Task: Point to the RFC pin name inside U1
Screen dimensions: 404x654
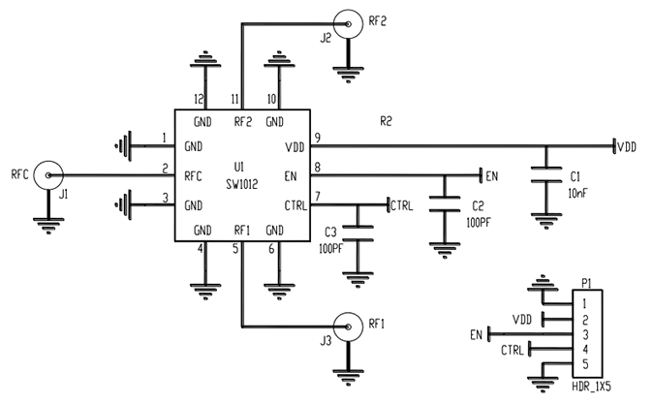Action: point(192,176)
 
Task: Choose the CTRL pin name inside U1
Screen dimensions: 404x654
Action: point(296,204)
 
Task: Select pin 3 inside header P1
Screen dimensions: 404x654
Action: point(585,333)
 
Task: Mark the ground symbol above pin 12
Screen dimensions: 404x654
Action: point(202,61)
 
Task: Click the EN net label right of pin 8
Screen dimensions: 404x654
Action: point(491,176)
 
